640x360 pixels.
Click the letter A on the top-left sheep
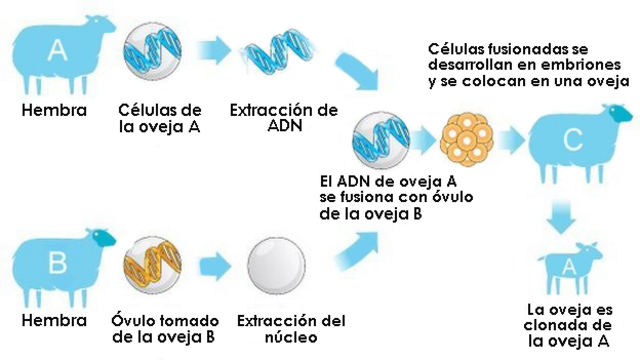tap(57, 47)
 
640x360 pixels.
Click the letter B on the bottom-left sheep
tap(57, 263)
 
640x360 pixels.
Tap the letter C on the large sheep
tap(572, 140)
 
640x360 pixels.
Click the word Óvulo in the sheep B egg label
tap(133, 321)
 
